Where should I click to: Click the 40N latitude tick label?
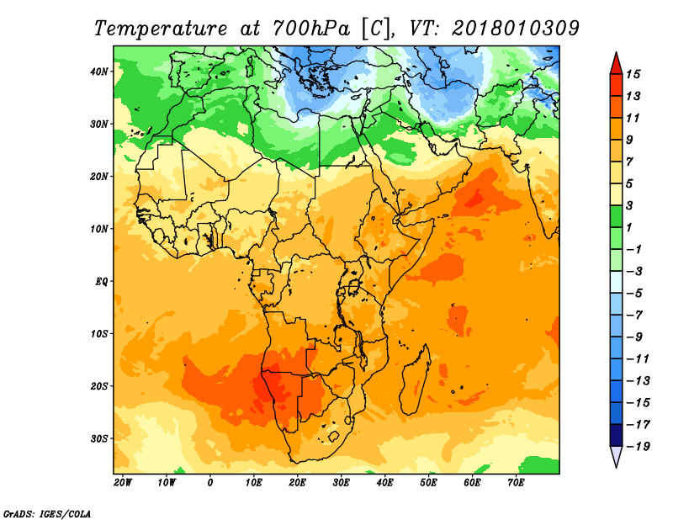[x=99, y=72]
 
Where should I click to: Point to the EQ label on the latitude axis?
[x=101, y=282]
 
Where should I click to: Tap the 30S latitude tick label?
[x=99, y=439]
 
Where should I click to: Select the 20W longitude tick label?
[x=123, y=483]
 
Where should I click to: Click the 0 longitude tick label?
[x=209, y=483]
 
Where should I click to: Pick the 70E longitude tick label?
[x=516, y=483]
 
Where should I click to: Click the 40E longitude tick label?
[x=384, y=483]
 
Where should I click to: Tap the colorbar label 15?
[x=633, y=74]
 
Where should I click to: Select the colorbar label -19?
[x=639, y=447]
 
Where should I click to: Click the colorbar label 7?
[x=629, y=162]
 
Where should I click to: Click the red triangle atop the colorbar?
[x=616, y=64]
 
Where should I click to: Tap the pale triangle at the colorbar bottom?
[x=616, y=455]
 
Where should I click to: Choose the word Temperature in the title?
[x=161, y=29]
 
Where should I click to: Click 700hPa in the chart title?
[x=310, y=29]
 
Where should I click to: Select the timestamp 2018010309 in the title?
[x=516, y=29]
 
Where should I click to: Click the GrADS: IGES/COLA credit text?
[x=47, y=513]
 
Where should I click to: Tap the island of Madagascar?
[x=414, y=382]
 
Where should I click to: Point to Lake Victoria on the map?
[x=353, y=287]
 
